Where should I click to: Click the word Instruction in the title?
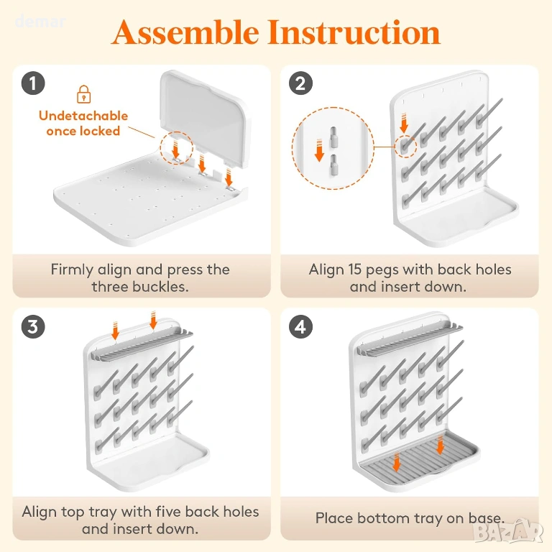(354, 32)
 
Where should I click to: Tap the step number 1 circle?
(33, 83)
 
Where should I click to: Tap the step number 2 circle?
(300, 83)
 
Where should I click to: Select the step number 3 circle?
(33, 327)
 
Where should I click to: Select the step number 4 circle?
(300, 327)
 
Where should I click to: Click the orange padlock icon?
(84, 94)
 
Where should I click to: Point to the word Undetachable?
(83, 116)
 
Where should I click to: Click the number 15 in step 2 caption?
(355, 270)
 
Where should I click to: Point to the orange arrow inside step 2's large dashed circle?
(319, 150)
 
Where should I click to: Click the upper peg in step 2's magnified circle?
(333, 137)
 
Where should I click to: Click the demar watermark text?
(40, 22)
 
